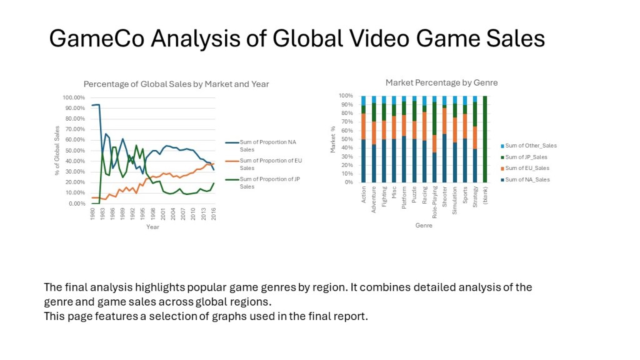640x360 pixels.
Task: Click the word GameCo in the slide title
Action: (96, 39)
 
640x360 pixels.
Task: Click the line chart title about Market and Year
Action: (176, 84)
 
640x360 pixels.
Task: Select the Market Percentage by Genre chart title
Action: (442, 83)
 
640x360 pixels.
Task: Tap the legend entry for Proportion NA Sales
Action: (261, 146)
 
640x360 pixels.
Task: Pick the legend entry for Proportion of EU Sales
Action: (264, 164)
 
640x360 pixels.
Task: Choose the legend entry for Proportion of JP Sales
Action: (263, 182)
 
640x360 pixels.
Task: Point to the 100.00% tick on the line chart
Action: (74, 97)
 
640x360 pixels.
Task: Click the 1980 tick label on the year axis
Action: (92, 214)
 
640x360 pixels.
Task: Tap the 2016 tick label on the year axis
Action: (214, 214)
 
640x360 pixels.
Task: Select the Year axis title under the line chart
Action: (152, 227)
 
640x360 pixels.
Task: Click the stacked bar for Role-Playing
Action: (435, 139)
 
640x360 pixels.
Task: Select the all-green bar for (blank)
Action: (485, 139)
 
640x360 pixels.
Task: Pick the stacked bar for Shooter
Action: (444, 139)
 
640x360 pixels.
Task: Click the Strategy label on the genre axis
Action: (475, 197)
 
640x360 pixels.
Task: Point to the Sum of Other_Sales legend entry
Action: (529, 146)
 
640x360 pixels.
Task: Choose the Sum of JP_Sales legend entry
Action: (524, 157)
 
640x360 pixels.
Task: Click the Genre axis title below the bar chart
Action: (424, 225)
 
